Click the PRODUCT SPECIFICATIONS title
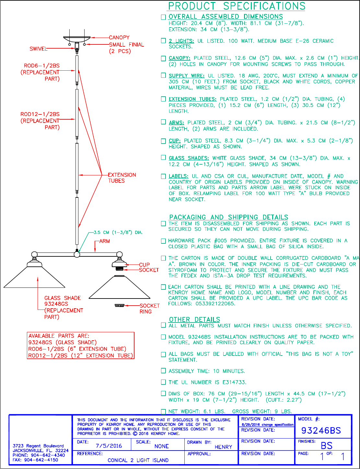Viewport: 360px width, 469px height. click(237, 6)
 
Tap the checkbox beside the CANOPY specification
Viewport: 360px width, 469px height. click(164, 58)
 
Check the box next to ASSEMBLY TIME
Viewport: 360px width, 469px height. click(164, 371)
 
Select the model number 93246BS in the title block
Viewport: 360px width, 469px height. click(321, 430)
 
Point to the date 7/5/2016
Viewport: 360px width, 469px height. click(109, 446)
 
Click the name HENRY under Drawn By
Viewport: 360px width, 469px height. click(223, 447)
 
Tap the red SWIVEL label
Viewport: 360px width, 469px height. click(38, 49)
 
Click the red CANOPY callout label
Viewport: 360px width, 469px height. click(119, 38)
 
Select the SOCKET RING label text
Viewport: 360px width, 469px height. click(149, 309)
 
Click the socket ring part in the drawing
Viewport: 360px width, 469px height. click(120, 305)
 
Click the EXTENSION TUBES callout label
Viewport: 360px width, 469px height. click(122, 178)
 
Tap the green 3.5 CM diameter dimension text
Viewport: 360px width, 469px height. click(118, 232)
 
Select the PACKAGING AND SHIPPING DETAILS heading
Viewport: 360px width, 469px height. click(228, 217)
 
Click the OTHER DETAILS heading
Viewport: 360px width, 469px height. click(194, 320)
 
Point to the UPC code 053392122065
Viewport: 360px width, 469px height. click(215, 304)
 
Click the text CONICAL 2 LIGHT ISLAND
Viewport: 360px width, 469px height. click(138, 460)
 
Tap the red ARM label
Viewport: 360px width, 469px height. click(105, 241)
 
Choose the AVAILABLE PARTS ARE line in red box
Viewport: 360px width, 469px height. click(59, 336)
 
